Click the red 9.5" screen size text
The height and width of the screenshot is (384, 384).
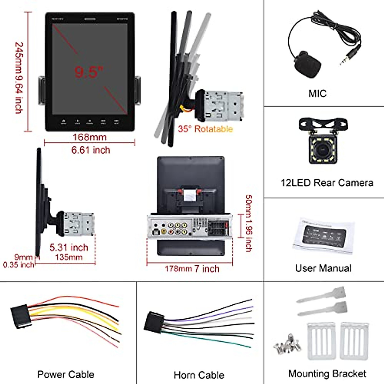(89, 72)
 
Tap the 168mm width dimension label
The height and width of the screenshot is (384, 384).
(90, 137)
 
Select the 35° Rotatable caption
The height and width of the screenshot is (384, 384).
(205, 129)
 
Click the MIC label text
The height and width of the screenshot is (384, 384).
(317, 93)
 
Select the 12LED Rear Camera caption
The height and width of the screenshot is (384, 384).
(327, 183)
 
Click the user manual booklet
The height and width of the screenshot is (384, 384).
(323, 236)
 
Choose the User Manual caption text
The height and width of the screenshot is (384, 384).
(323, 268)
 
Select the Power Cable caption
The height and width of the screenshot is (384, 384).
(66, 374)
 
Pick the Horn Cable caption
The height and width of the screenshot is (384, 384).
(199, 375)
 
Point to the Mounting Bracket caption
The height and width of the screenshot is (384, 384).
(327, 373)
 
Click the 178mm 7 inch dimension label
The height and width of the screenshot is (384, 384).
(192, 268)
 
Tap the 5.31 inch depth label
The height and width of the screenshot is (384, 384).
(68, 247)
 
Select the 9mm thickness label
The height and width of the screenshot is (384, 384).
(23, 257)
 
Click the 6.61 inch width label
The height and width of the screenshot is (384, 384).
(91, 150)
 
